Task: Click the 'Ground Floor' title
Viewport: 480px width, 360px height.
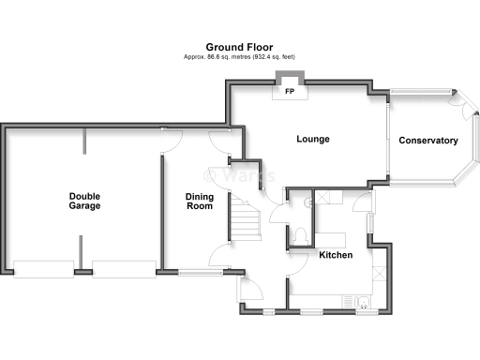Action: (x=239, y=46)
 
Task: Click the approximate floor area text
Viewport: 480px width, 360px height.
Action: (x=239, y=56)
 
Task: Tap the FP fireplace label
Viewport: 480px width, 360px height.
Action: (x=287, y=91)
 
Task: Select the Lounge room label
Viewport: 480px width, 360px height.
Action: (x=312, y=140)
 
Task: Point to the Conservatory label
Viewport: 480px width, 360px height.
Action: (x=427, y=141)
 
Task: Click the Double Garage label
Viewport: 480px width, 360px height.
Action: (x=84, y=201)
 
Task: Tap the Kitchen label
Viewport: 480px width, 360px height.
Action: (x=336, y=255)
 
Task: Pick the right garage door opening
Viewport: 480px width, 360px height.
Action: (x=125, y=269)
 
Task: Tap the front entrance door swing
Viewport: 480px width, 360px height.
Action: (x=251, y=288)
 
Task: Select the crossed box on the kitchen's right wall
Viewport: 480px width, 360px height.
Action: (x=379, y=273)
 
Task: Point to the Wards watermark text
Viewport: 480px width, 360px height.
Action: (x=240, y=174)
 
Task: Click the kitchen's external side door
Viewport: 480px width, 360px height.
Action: (x=372, y=223)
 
